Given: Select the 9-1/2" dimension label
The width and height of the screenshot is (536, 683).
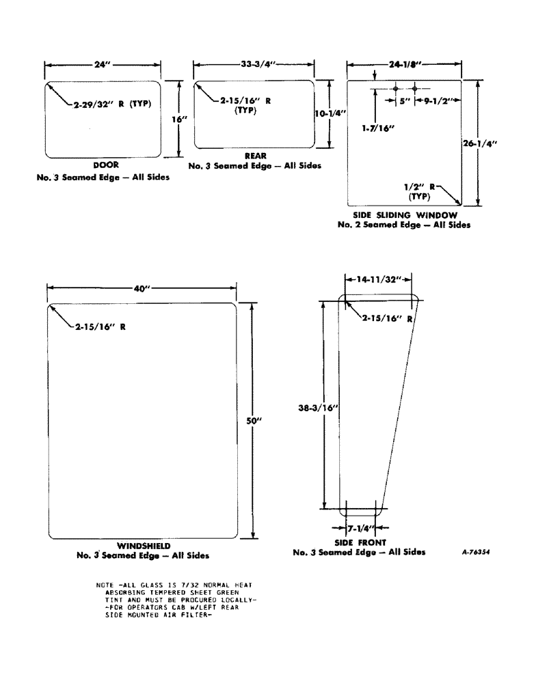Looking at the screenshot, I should click(436, 100).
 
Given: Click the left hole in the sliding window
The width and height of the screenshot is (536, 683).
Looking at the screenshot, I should click(396, 89).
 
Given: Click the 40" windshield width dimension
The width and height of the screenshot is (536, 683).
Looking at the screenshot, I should click(142, 289).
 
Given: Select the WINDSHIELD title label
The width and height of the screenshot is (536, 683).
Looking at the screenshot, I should click(143, 546).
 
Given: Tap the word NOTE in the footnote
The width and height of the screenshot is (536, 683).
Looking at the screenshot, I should click(107, 585).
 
